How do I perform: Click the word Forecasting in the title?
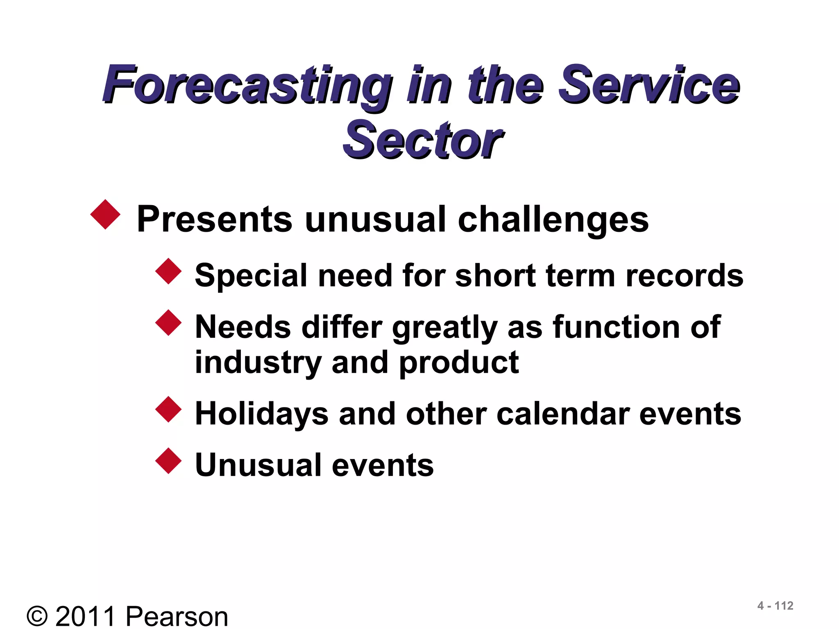click(246, 86)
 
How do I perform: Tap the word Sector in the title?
click(422, 141)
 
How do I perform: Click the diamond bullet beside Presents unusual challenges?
click(105, 214)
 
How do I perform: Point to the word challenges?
click(553, 220)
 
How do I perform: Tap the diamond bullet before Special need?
click(168, 271)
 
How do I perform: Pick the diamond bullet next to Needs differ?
click(168, 323)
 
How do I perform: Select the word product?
click(459, 363)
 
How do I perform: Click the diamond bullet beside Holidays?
click(168, 409)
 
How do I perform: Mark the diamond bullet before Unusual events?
click(168, 461)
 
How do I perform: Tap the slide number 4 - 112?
click(775, 606)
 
